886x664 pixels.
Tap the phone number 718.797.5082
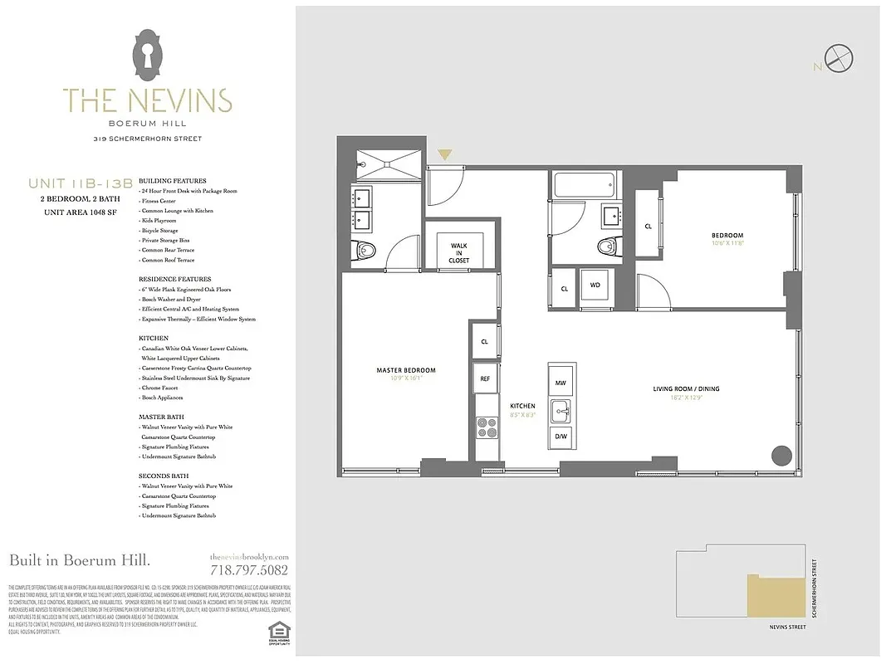[249, 570]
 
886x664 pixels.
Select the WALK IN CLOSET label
[459, 253]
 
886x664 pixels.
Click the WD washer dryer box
[595, 286]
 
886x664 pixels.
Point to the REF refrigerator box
[486, 378]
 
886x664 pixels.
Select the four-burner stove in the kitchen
[486, 428]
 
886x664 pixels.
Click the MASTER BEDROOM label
[406, 370]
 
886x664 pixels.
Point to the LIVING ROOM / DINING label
[685, 388]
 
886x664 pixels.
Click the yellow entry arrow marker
[444, 154]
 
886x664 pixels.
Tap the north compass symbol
[839, 58]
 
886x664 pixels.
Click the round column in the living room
[781, 455]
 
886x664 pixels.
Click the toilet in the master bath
[365, 250]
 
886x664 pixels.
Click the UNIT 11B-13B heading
[80, 183]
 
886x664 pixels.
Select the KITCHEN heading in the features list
[154, 339]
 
